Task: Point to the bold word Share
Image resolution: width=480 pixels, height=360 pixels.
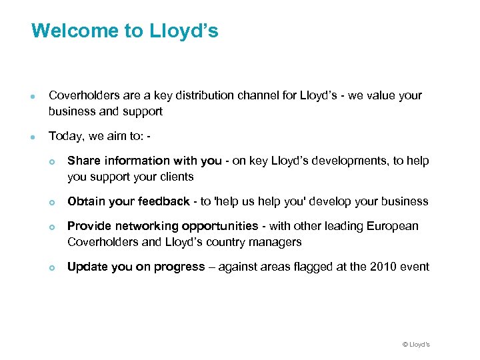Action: (83, 161)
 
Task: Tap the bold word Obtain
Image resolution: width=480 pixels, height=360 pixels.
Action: (85, 201)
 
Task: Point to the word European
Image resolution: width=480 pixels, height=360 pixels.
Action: (393, 226)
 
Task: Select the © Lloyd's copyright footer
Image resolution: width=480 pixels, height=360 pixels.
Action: (416, 344)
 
